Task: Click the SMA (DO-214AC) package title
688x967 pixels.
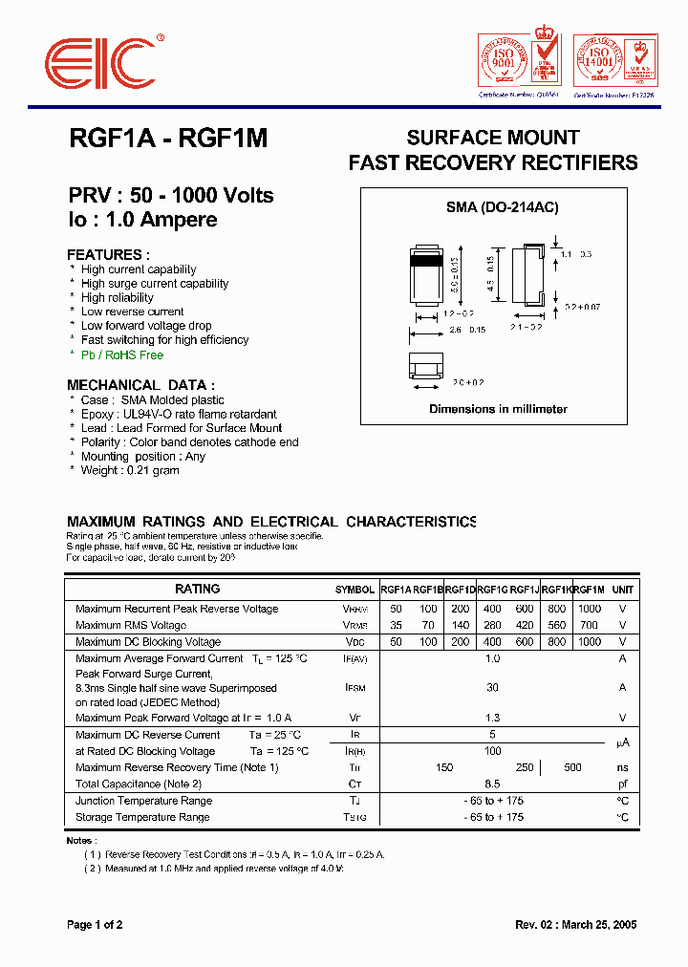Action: pos(503,207)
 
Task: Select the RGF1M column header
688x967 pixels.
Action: pos(590,590)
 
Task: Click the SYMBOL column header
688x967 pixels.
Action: pos(355,590)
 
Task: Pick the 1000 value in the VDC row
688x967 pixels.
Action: pos(590,642)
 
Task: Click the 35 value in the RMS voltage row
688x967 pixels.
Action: pos(396,625)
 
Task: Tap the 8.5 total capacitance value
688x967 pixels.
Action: pos(493,784)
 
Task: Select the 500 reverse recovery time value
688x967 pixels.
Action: pos(572,767)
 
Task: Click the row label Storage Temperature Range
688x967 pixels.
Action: pos(142,817)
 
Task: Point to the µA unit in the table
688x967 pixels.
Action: pos(622,742)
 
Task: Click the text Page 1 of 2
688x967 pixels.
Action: pos(95,924)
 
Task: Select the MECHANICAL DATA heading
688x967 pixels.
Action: pos(140,385)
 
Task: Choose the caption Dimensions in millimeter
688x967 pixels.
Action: pos(498,409)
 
